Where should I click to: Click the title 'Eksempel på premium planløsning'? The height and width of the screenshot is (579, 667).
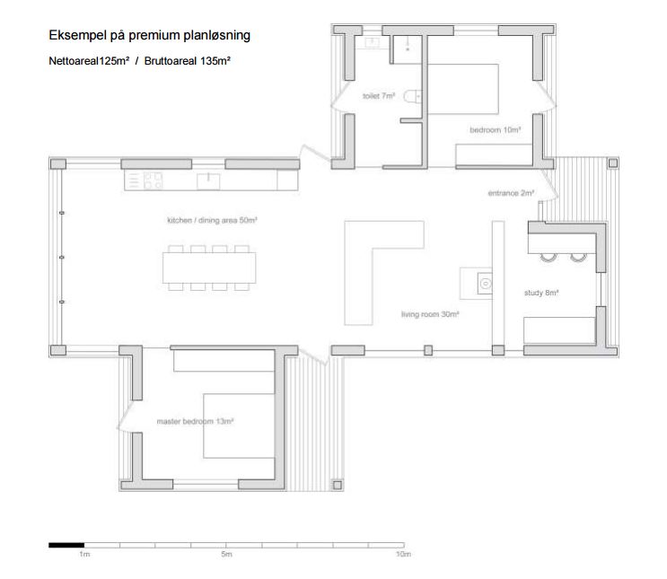tap(149, 35)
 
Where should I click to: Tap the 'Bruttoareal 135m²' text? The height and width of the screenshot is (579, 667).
tap(187, 61)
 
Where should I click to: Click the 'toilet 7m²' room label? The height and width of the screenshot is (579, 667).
tap(379, 96)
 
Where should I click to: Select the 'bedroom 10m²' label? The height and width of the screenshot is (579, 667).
tap(496, 130)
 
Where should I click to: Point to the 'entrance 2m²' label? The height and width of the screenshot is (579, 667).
tap(511, 193)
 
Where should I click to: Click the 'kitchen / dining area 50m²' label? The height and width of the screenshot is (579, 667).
tap(212, 220)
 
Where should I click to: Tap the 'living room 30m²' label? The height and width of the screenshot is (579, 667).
tap(430, 314)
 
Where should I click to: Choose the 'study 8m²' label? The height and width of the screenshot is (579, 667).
tap(541, 293)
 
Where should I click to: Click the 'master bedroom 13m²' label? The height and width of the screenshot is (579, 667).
tap(195, 422)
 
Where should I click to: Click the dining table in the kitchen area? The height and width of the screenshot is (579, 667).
tap(209, 268)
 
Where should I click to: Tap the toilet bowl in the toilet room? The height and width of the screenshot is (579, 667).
tap(412, 97)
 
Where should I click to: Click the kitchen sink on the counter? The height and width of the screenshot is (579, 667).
tap(208, 181)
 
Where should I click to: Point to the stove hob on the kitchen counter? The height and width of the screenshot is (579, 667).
tap(153, 180)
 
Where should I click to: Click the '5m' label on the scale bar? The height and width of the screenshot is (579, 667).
tap(227, 555)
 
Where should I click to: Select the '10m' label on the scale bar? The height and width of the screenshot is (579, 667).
tap(403, 555)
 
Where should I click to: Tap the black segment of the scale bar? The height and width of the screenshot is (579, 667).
tap(66, 545)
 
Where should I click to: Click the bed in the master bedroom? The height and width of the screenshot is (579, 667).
tap(239, 425)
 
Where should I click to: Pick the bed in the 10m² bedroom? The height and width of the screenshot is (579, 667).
tap(463, 89)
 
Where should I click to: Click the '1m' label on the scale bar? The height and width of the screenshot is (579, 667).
tap(84, 555)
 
